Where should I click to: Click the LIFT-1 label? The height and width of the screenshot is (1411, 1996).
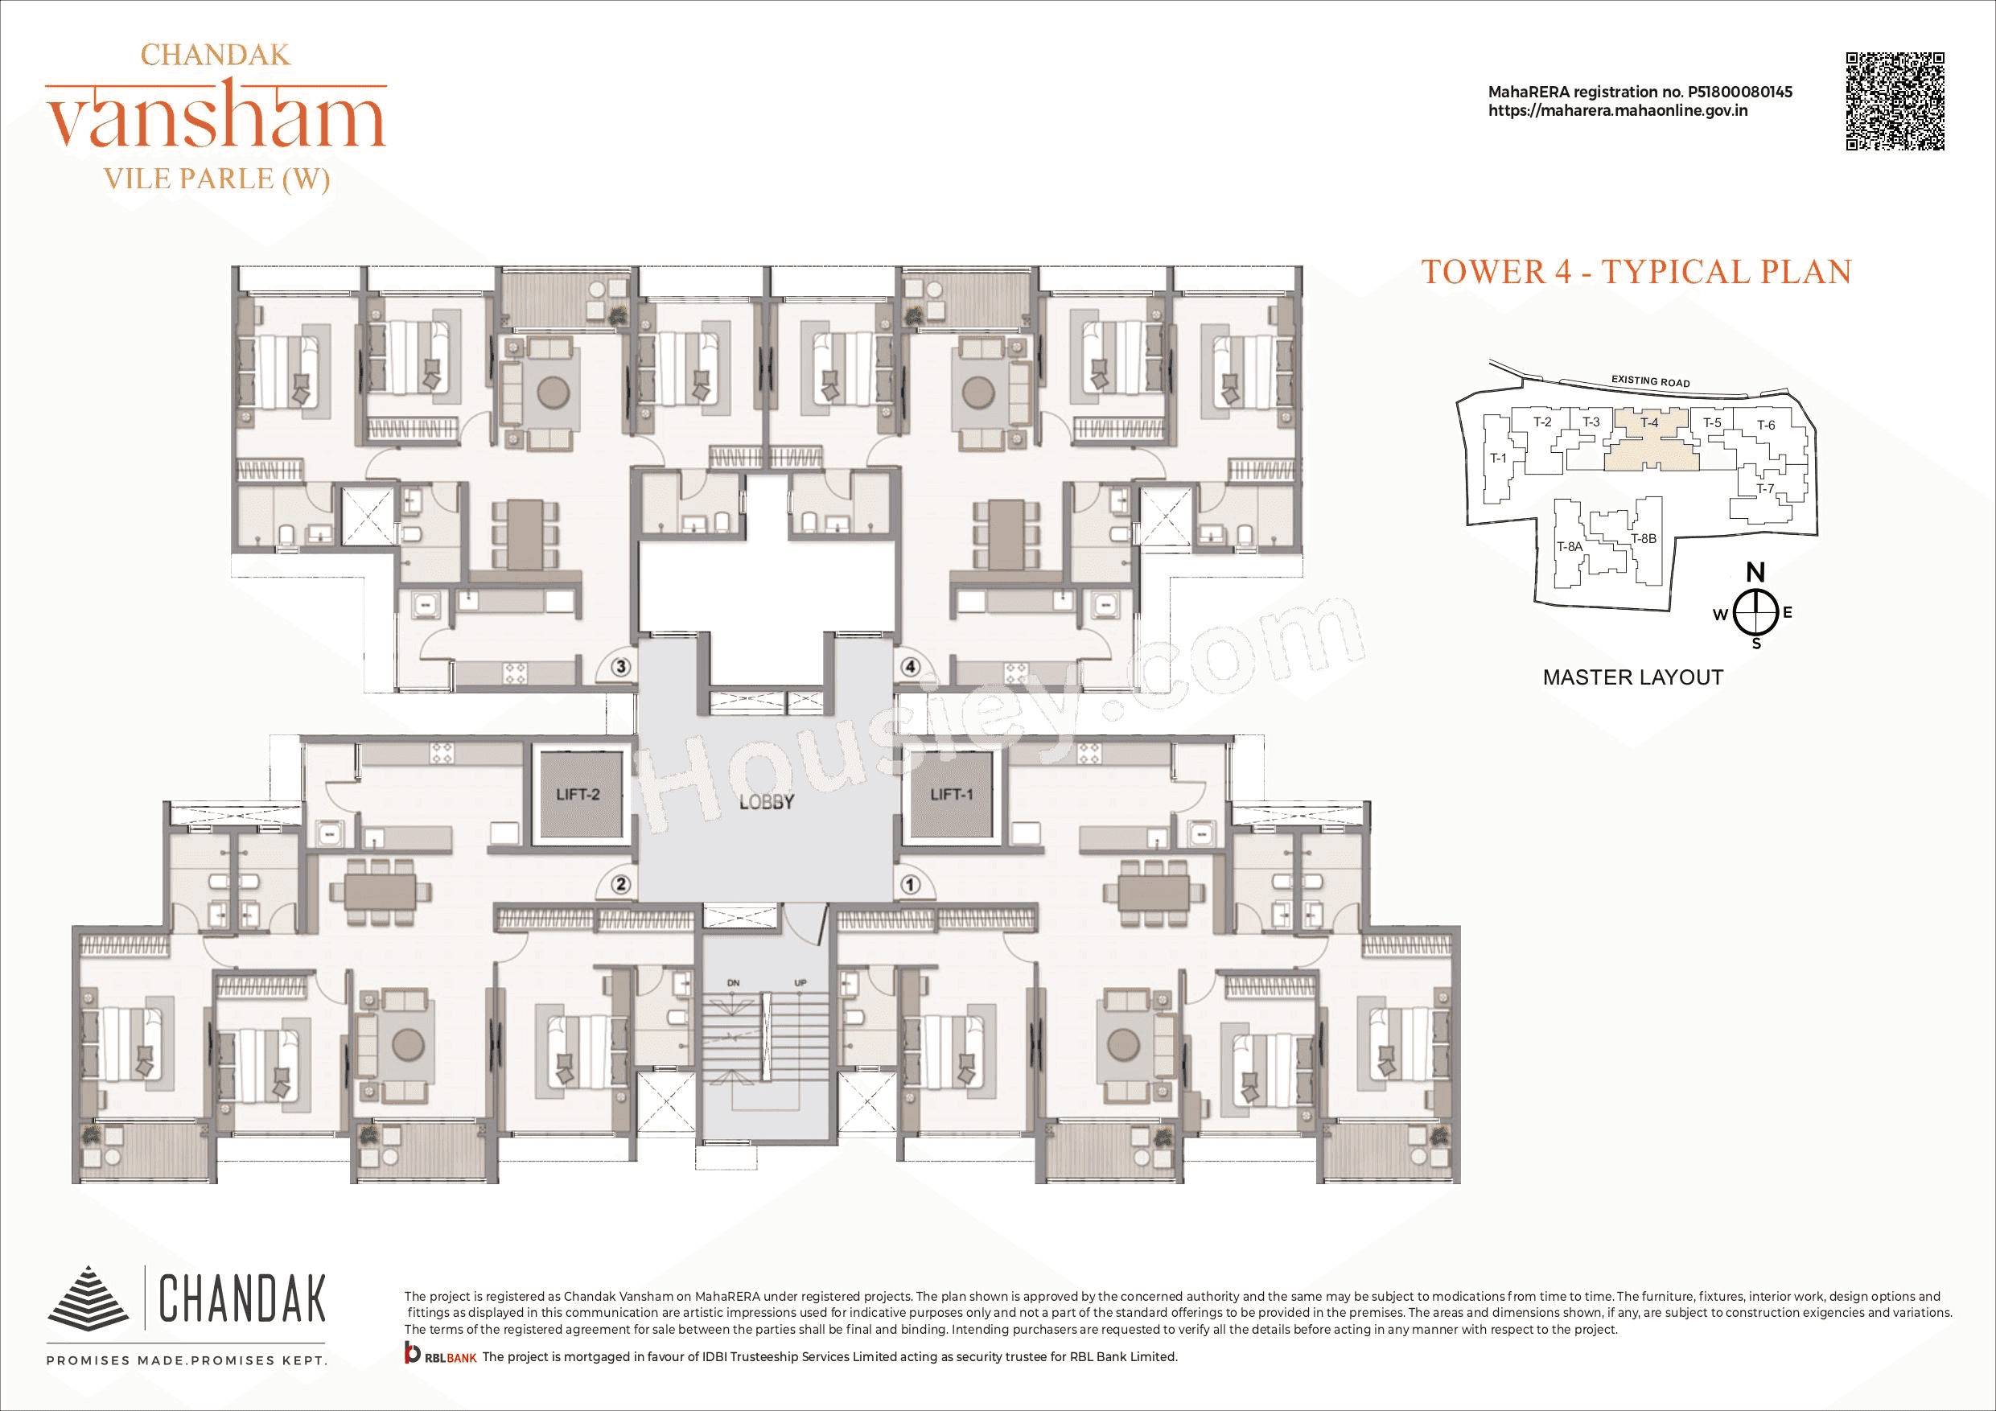951,795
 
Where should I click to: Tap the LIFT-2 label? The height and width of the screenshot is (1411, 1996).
578,795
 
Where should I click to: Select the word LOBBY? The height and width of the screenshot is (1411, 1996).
766,802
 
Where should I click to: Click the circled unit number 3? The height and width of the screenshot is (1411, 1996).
621,668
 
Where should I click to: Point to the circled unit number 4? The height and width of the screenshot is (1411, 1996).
910,668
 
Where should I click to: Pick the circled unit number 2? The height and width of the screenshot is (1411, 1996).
621,885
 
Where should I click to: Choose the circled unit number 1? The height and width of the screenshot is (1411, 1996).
910,885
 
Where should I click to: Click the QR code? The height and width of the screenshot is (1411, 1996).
1895,101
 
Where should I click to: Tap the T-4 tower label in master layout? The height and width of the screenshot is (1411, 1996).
1649,422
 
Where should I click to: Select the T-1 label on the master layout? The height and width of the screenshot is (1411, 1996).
1498,459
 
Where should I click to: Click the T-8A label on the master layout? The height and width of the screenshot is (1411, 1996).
1569,547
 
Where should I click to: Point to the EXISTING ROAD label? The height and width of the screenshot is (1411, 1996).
1650,381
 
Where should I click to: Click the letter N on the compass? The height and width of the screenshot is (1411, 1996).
1755,573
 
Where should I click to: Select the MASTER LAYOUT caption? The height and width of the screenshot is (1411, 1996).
1632,678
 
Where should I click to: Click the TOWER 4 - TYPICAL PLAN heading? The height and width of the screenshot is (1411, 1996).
1636,272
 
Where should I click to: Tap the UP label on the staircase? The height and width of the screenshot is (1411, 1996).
800,983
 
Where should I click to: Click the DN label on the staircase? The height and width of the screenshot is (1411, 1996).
733,983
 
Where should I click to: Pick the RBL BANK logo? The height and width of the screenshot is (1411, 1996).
440,1356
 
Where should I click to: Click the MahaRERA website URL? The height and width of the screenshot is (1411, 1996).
1618,111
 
